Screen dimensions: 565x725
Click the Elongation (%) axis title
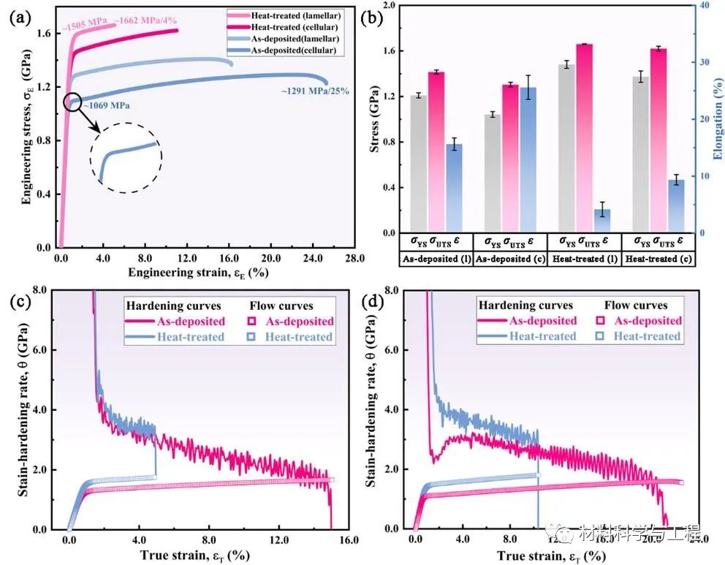click(718, 119)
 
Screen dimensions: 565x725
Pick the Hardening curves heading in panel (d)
click(525, 305)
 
